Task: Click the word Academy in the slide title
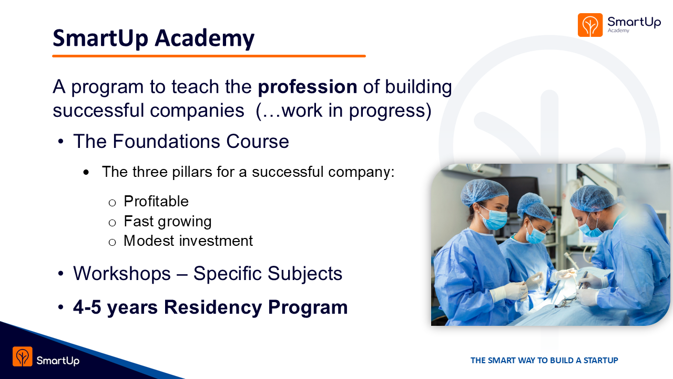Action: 205,38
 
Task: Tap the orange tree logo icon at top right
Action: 590,25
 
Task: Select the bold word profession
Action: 308,87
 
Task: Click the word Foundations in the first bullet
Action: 167,141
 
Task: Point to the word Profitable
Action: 156,201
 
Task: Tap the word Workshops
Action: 122,273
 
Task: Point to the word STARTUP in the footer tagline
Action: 600,361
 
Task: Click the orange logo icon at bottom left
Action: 23,356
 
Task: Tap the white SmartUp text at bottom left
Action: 58,361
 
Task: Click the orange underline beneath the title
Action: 209,56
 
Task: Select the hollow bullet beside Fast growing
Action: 112,223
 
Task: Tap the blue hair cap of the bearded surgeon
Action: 590,197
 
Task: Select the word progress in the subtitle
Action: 390,111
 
